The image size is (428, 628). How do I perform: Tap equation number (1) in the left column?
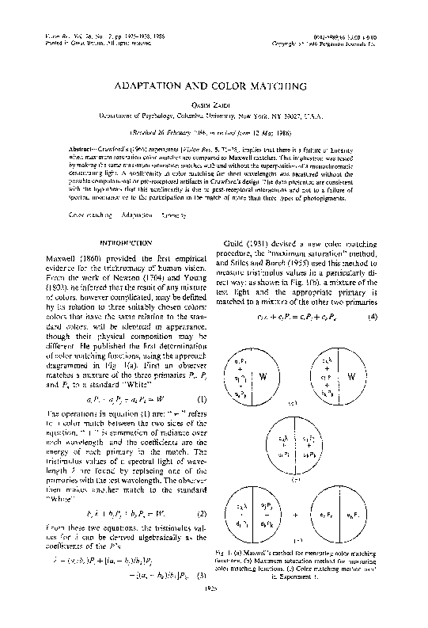[202, 399]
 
